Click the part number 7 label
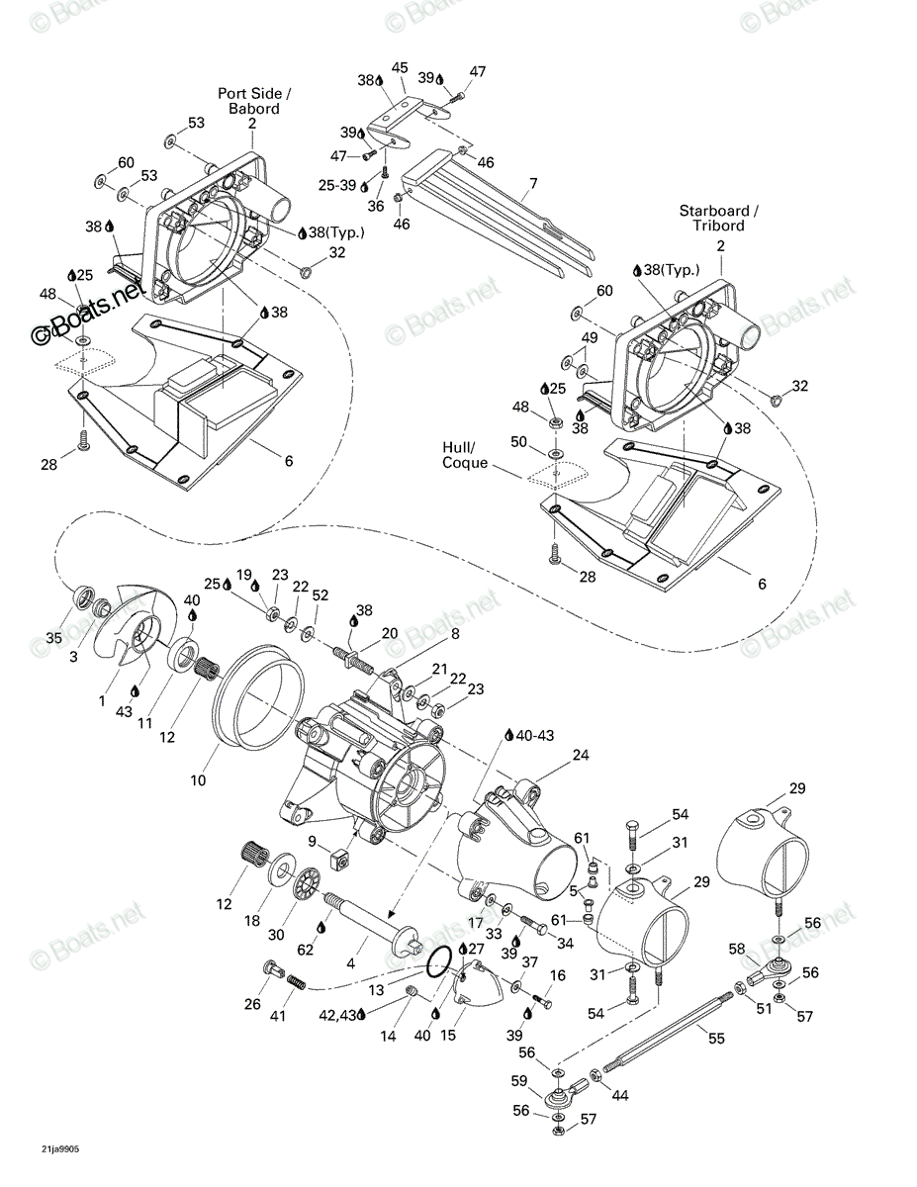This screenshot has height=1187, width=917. (x=533, y=184)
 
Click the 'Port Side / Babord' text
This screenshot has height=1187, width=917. (x=254, y=101)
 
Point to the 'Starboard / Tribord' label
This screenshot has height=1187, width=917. (x=719, y=218)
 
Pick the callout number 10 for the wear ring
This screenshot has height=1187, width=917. (x=198, y=780)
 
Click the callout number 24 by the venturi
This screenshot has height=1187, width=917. (x=581, y=755)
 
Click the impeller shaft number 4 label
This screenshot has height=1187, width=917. (x=350, y=963)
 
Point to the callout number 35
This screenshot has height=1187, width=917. (x=54, y=638)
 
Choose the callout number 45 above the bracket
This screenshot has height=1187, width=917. (x=400, y=67)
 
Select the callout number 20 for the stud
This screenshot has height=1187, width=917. (x=390, y=633)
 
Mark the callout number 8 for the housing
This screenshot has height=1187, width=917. (x=455, y=633)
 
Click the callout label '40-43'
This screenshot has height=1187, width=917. (x=535, y=735)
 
